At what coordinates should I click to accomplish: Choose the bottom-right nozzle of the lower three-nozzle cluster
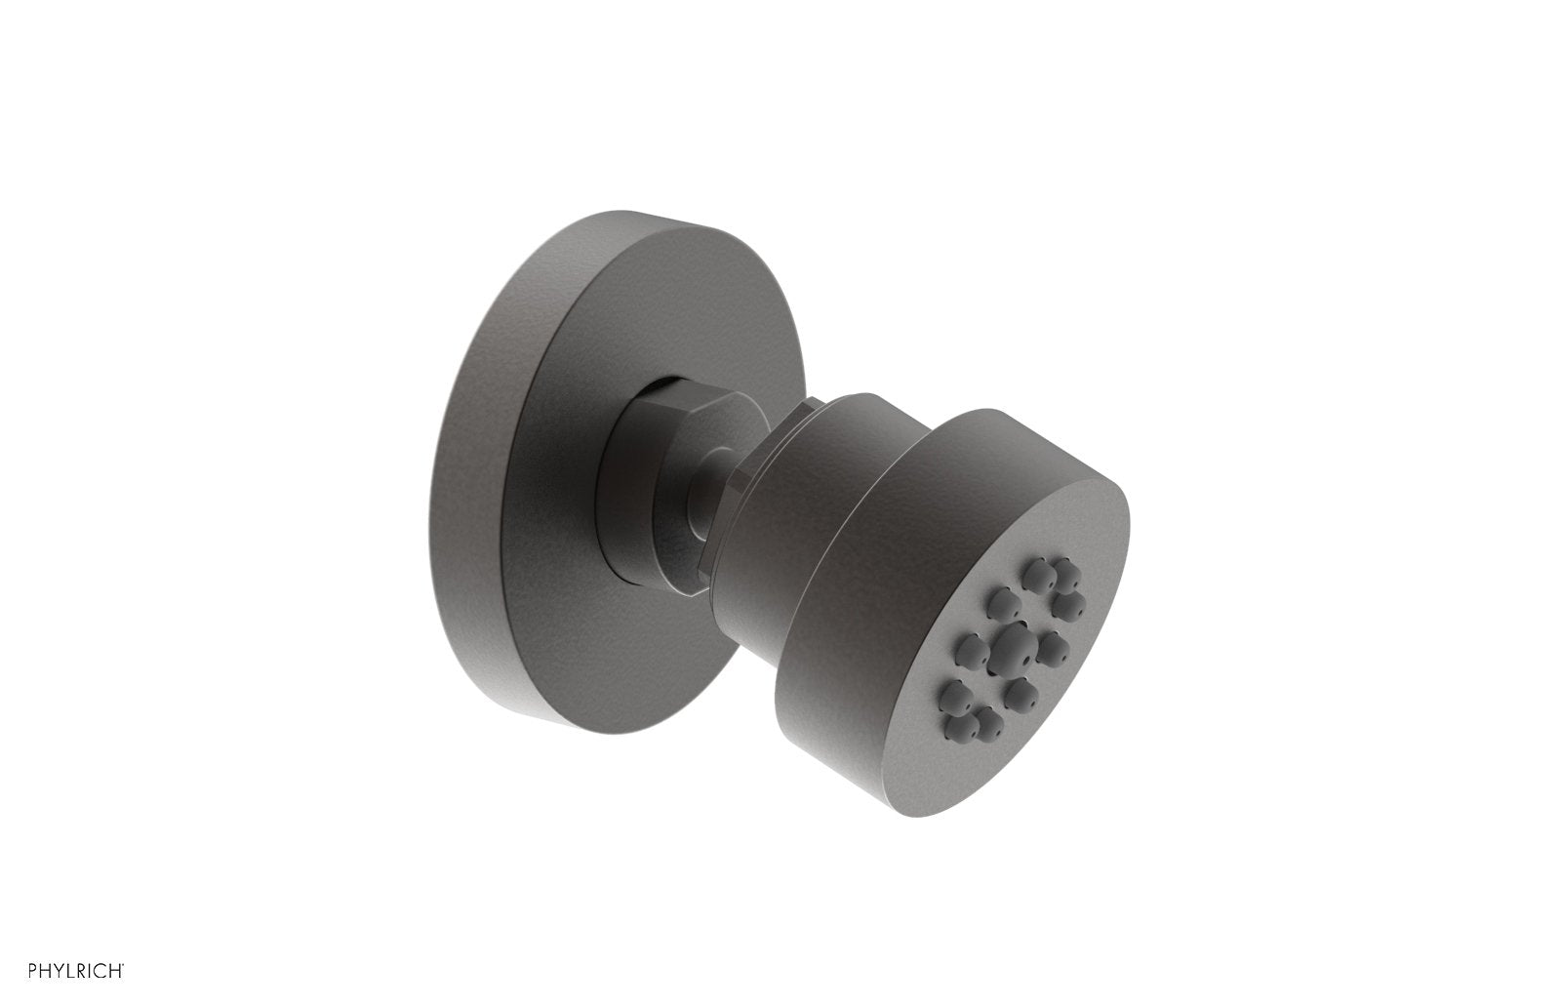[990, 725]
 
